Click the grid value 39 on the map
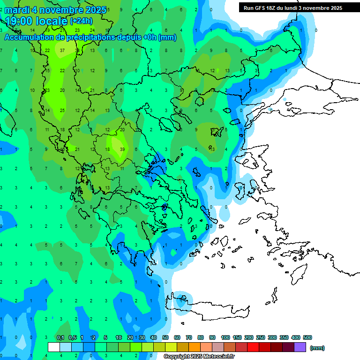click(x=122, y=149)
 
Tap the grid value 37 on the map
click(x=62, y=50)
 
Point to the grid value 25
click(x=62, y=110)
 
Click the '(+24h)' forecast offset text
click(x=81, y=21)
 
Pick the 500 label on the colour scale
click(x=307, y=337)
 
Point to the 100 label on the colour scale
click(x=225, y=337)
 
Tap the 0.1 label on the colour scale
click(x=60, y=337)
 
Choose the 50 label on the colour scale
click(x=165, y=337)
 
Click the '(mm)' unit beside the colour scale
click(x=317, y=348)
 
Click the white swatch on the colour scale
click(x=54, y=347)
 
